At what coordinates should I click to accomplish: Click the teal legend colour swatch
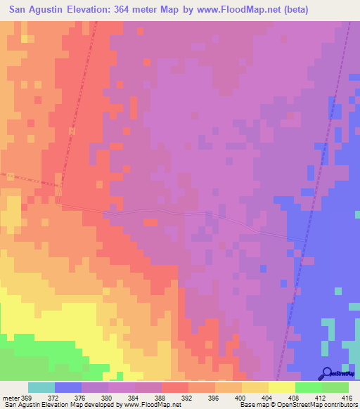tap(41, 387)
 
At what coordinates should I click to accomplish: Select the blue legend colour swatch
tap(68, 387)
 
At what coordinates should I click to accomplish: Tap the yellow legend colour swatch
tap(282, 387)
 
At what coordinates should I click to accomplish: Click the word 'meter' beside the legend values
tap(11, 397)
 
